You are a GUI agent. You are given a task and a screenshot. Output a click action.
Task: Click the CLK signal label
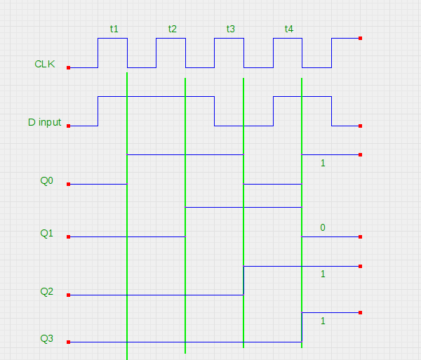point(45,64)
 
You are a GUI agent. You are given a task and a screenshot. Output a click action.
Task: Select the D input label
point(44,122)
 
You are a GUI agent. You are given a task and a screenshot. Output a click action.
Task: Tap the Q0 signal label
point(46,180)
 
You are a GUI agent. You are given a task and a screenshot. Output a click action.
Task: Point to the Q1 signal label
point(46,233)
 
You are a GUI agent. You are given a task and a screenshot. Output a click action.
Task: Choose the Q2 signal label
point(46,291)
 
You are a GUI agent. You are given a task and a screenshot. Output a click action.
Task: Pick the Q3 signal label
point(46,339)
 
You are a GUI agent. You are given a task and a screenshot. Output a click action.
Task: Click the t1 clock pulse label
point(114,29)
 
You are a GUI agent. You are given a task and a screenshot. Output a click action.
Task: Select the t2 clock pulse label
point(173,29)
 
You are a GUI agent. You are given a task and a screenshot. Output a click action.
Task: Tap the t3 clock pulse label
point(231,29)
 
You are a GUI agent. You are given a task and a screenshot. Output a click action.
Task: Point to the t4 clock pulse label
point(289,29)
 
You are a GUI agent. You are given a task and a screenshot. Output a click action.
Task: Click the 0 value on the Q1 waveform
point(323,227)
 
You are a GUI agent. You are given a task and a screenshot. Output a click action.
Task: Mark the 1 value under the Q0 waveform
point(323,163)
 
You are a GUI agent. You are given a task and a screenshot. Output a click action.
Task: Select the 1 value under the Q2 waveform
point(323,274)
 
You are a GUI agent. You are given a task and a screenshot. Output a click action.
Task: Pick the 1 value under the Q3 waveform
point(323,321)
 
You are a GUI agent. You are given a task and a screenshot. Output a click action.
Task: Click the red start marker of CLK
point(68,68)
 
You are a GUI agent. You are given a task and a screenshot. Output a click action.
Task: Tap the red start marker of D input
point(68,126)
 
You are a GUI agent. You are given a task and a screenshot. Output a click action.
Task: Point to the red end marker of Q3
point(360,313)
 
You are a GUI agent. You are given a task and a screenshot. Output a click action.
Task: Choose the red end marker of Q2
point(360,267)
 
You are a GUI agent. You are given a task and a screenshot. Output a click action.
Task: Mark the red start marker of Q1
point(68,237)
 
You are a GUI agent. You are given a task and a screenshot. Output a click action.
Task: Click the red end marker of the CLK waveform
point(360,39)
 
